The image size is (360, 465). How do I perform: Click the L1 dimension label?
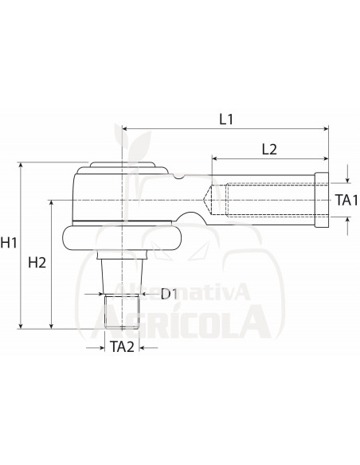[225, 119]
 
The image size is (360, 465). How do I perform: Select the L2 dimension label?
[268, 148]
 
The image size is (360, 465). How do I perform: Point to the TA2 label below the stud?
[121, 346]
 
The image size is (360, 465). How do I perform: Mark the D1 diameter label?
[169, 295]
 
